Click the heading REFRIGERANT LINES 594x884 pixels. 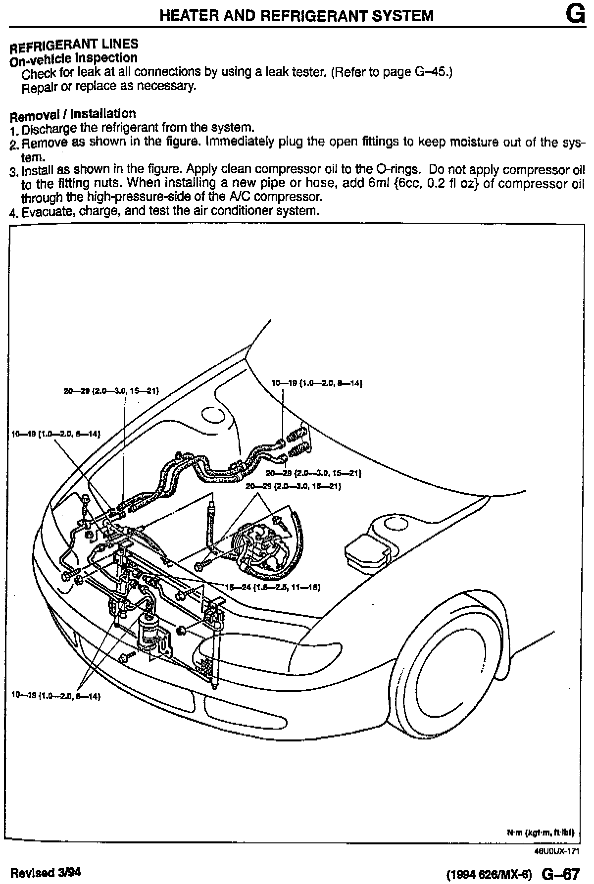[74, 45]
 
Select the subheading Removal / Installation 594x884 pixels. [73, 114]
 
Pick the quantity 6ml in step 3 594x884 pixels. [380, 184]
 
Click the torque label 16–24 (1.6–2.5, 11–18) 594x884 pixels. [273, 588]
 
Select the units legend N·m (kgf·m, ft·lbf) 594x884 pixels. [540, 833]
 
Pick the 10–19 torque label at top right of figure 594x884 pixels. [317, 383]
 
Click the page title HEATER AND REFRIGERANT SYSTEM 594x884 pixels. [296, 15]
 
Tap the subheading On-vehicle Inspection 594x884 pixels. [73, 58]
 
